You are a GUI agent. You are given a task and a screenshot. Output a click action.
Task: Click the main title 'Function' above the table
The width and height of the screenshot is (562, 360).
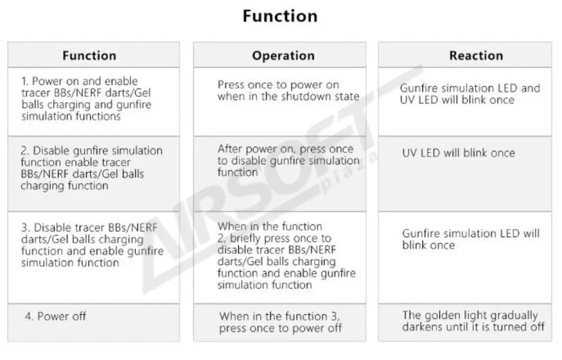coord(280,16)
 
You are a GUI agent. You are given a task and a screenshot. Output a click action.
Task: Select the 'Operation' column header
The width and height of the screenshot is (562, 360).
coord(283,56)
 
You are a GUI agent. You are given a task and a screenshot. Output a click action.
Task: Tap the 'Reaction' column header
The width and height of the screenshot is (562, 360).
coord(476,56)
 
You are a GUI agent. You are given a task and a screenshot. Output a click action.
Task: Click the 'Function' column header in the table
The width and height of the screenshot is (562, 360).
coord(89,56)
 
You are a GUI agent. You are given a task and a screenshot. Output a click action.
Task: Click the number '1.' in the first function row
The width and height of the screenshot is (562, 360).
coord(25,81)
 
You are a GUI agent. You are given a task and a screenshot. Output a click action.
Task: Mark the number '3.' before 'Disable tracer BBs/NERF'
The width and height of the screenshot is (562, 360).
coord(26,227)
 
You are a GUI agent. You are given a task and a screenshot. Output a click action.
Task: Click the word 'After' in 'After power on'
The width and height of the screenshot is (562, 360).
coord(230,149)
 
